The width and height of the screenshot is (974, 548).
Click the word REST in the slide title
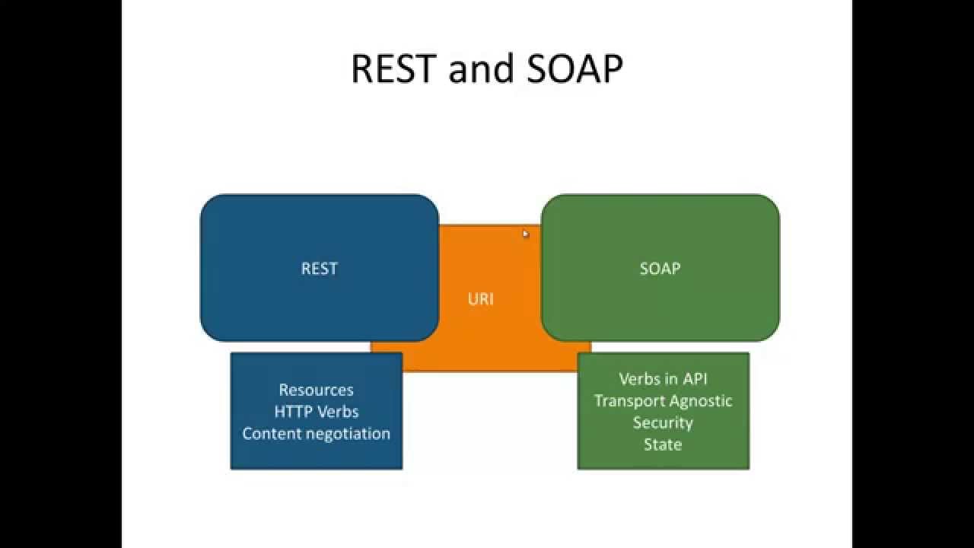click(x=394, y=68)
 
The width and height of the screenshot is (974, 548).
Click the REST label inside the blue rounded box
click(x=320, y=268)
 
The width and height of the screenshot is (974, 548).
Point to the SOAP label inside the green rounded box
click(x=660, y=268)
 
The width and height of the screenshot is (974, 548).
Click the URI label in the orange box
click(x=481, y=298)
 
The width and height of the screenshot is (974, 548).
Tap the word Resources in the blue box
click(x=316, y=390)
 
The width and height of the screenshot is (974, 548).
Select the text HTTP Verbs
click(x=316, y=412)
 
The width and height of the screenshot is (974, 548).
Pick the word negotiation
click(x=348, y=434)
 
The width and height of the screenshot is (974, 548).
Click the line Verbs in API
click(x=663, y=379)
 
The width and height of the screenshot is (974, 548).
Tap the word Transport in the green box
click(x=629, y=400)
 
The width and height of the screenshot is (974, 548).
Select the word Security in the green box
click(x=663, y=422)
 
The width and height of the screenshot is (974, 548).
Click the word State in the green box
click(x=663, y=444)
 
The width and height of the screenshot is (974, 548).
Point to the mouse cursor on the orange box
click(x=525, y=234)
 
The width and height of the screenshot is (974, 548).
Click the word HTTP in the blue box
click(x=292, y=412)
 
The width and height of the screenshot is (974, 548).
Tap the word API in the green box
click(x=695, y=379)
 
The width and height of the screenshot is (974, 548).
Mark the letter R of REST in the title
click(x=363, y=68)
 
